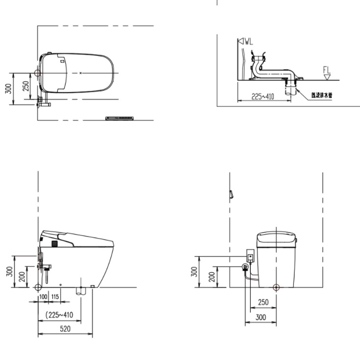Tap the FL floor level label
click(327, 70)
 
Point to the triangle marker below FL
click(327, 77)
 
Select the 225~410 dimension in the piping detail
click(263, 97)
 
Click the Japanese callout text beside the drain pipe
click(321, 95)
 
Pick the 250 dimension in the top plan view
click(26, 86)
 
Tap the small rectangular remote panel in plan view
click(120, 118)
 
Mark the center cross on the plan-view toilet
click(80, 73)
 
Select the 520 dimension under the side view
click(65, 329)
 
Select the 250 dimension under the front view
click(263, 302)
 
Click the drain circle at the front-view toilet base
click(276, 287)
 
